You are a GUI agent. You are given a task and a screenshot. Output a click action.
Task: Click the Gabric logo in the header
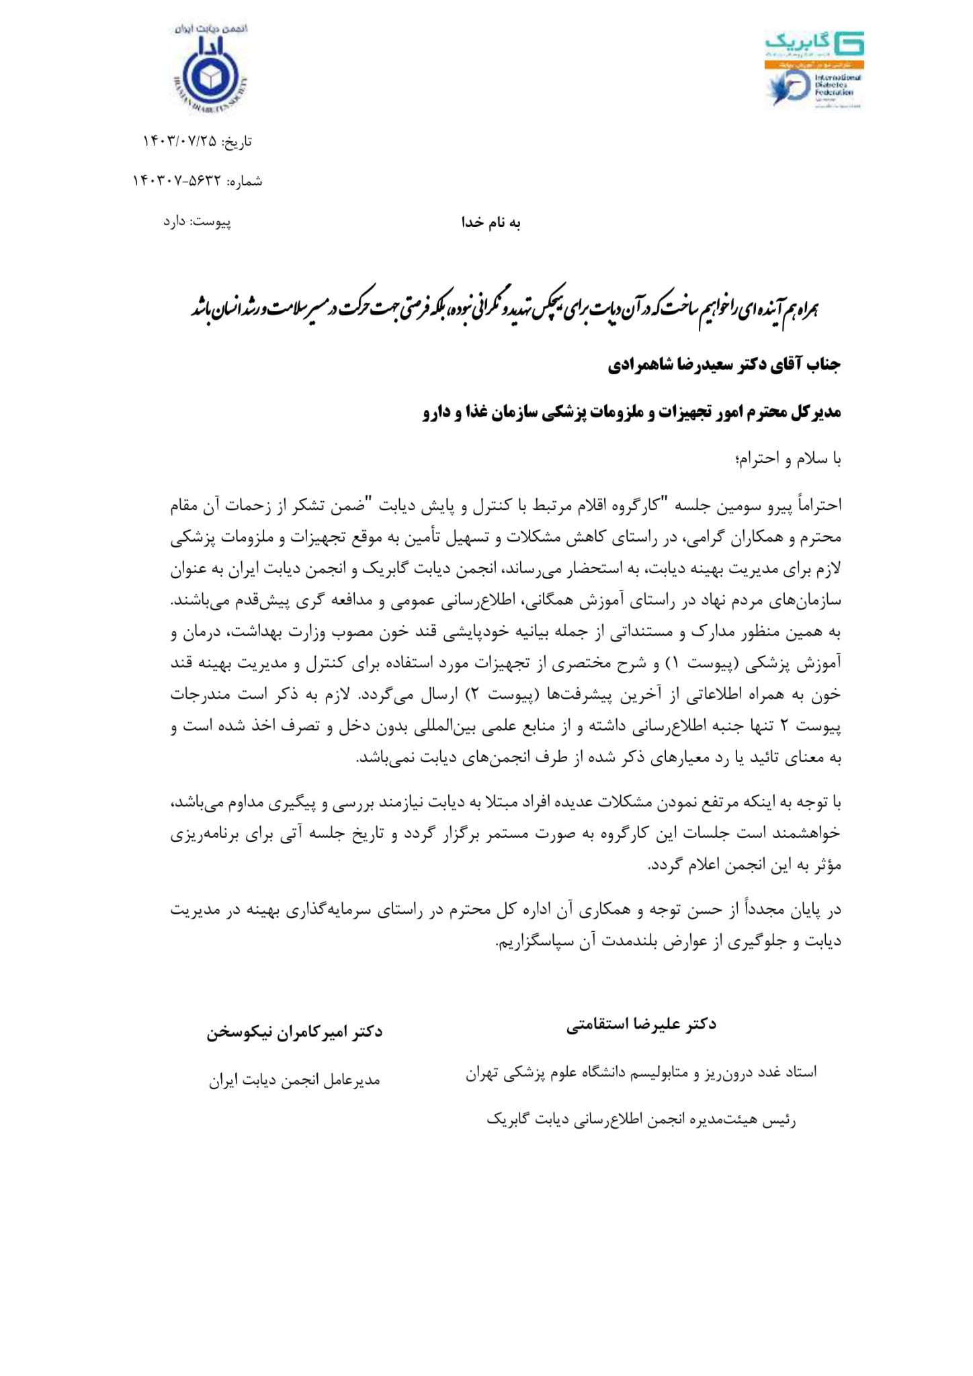pyautogui.click(x=814, y=46)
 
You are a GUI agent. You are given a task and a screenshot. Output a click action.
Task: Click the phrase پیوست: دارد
pyautogui.click(x=197, y=222)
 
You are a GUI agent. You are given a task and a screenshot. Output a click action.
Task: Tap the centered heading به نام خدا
pyautogui.click(x=491, y=223)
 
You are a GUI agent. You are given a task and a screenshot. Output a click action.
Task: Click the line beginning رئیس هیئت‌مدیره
pyautogui.click(x=641, y=1120)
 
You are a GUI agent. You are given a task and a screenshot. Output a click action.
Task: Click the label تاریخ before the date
pyautogui.click(x=239, y=141)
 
